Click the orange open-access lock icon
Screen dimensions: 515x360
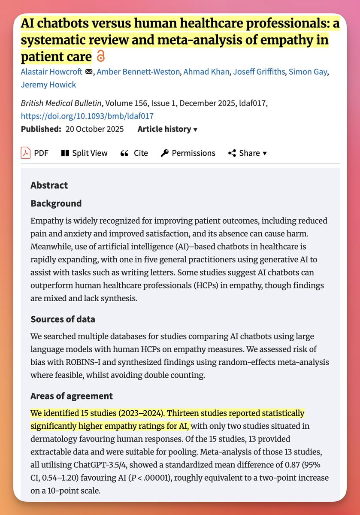[100, 56]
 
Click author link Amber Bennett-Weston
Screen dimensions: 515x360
[138, 72]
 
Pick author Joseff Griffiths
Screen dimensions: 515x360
[259, 72]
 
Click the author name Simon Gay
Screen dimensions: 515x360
[307, 72]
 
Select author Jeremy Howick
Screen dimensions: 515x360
[48, 85]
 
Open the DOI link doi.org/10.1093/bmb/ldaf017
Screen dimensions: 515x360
[87, 116]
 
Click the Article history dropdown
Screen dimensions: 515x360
[167, 129]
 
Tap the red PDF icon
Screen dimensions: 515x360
[26, 153]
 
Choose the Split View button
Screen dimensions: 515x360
[84, 153]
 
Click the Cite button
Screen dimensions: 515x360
[134, 153]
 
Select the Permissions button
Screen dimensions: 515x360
[188, 153]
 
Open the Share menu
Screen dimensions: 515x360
[248, 153]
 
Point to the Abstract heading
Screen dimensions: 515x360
[49, 186]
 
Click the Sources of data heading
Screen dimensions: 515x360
[63, 319]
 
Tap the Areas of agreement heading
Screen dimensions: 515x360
[72, 396]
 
